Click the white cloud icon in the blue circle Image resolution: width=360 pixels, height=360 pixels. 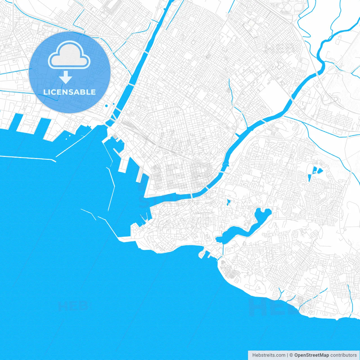point(69,55)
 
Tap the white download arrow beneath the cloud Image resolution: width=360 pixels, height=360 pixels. point(66,77)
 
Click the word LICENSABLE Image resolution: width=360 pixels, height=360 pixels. point(69,92)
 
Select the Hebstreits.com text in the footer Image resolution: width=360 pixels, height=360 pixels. point(269,355)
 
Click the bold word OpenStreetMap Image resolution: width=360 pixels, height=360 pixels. point(312,355)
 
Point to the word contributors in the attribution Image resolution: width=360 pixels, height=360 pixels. point(343,355)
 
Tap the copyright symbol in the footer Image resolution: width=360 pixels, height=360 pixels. point(291,355)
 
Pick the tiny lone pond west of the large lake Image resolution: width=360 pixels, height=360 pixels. point(228,202)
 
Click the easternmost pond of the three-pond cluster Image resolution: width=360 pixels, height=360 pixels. point(320,170)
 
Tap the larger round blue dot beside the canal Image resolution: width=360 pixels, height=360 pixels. point(106,106)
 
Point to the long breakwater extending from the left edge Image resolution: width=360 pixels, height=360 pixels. point(28,158)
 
